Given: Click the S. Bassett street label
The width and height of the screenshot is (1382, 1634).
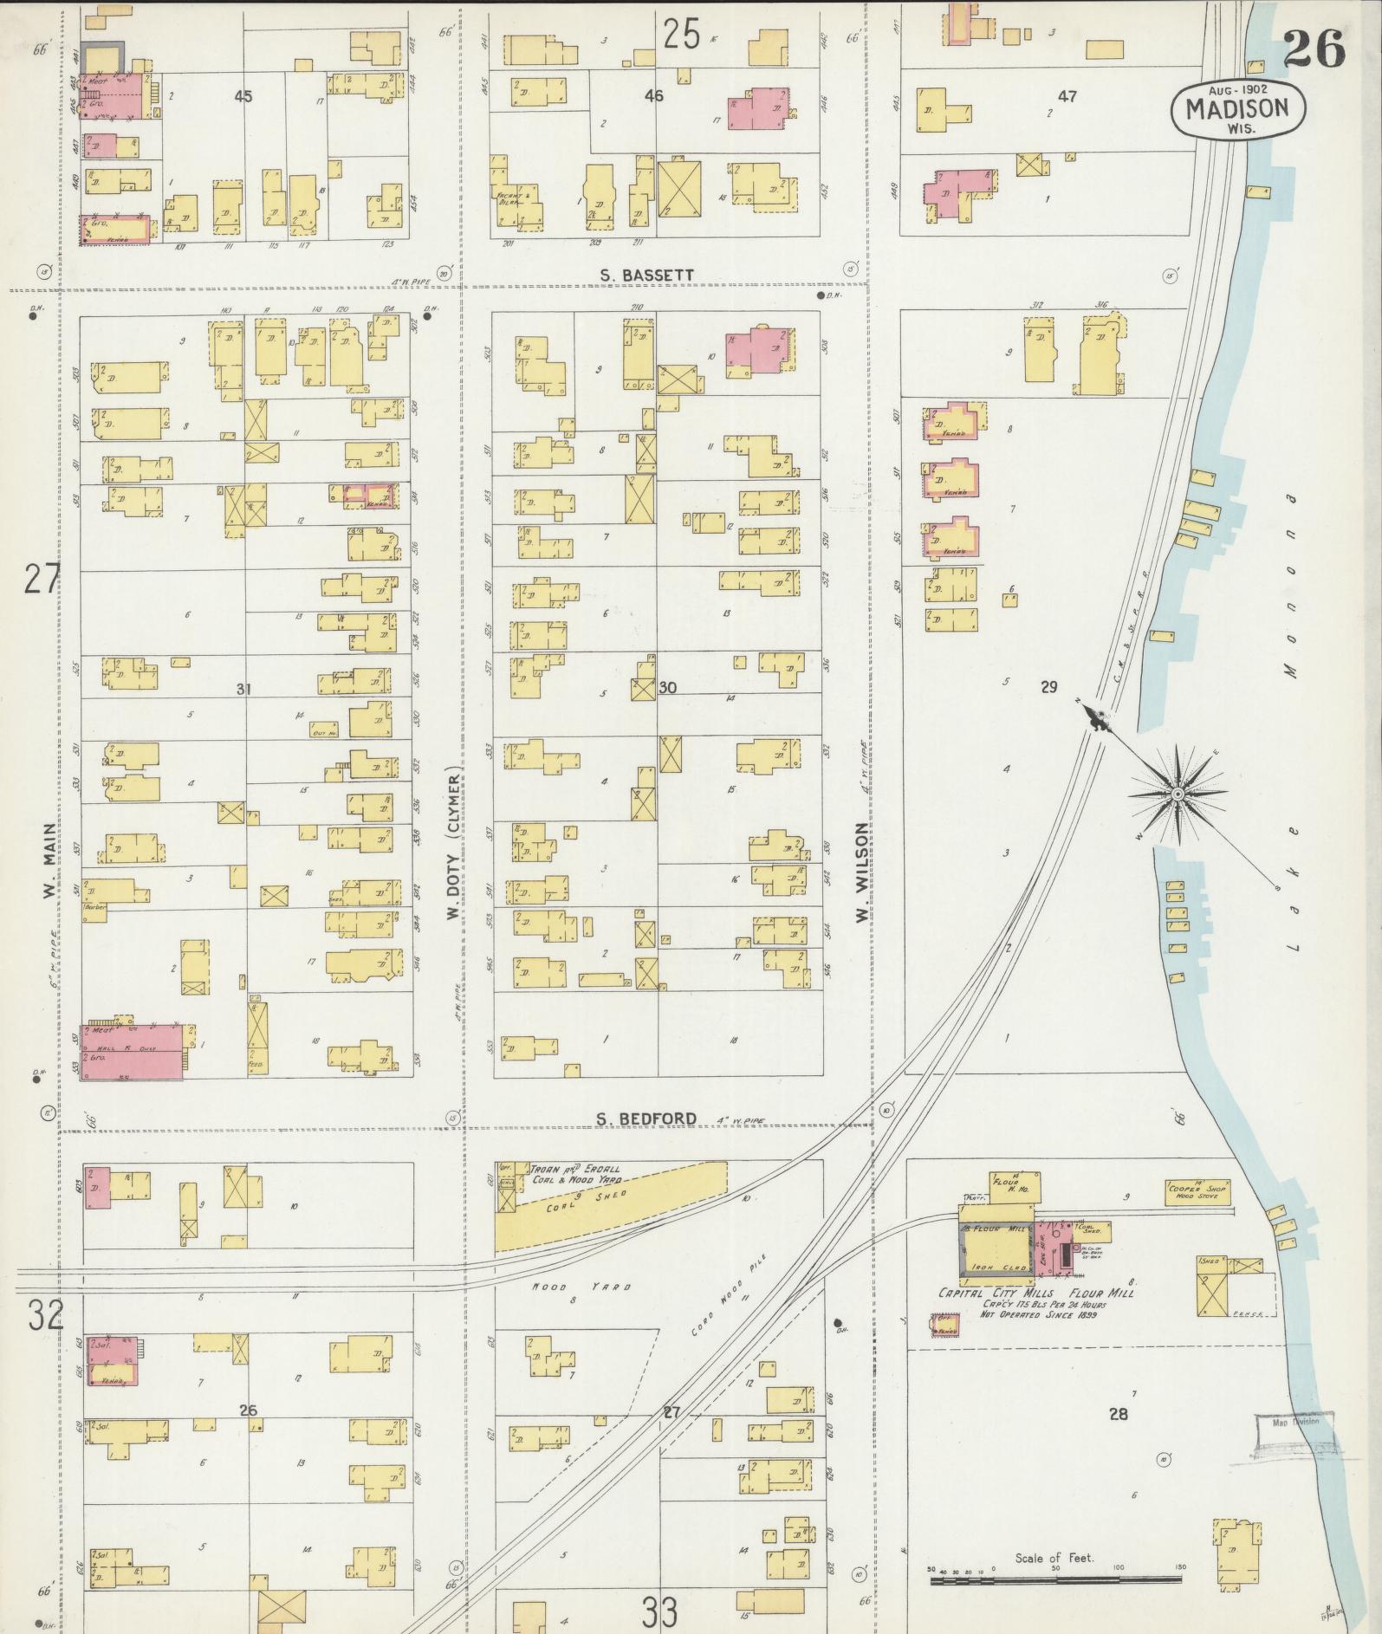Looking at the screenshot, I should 647,276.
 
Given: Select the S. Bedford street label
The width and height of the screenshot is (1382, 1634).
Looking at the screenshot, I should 646,1119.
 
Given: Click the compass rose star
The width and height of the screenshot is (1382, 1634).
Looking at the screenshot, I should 1178,794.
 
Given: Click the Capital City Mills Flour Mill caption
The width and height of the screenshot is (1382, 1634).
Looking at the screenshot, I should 1036,1294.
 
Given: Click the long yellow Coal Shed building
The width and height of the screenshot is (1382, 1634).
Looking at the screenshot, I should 607,1204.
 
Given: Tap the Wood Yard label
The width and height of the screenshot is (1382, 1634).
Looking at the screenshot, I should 581,1287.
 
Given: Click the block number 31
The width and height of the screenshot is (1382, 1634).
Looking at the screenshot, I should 243,689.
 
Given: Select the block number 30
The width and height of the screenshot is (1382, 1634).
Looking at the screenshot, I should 667,687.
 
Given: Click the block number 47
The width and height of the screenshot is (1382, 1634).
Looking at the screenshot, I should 1067,97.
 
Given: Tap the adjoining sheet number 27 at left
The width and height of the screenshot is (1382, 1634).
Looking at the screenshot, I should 41,579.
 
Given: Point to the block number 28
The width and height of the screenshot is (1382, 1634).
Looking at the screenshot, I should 1119,1414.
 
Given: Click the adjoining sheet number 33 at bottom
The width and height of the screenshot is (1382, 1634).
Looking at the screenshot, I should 660,1611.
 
